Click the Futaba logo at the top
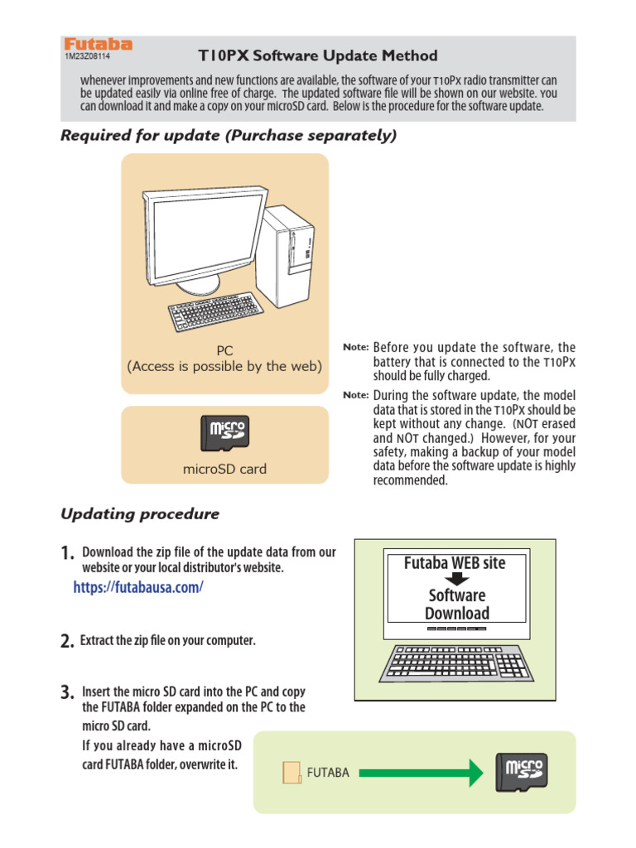[98, 45]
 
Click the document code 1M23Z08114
[87, 57]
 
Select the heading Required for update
[229, 136]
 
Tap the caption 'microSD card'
[224, 469]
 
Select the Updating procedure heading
[140, 514]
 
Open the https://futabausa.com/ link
[137, 587]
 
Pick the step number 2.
[68, 642]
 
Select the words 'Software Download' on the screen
[457, 605]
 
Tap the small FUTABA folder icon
[291, 773]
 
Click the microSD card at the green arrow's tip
[521, 773]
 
